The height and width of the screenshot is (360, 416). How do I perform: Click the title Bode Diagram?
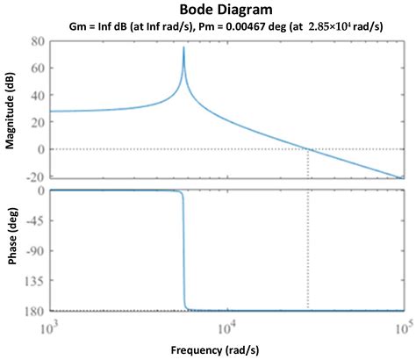pyautogui.click(x=207, y=10)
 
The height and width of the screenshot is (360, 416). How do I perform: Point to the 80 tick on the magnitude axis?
pyautogui.click(x=36, y=41)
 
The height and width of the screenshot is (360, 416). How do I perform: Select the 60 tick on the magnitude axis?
pyautogui.click(x=36, y=68)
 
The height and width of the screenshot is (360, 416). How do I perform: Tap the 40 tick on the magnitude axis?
pyautogui.click(x=36, y=95)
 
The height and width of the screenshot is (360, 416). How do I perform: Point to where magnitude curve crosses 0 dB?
pyautogui.click(x=308, y=149)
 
